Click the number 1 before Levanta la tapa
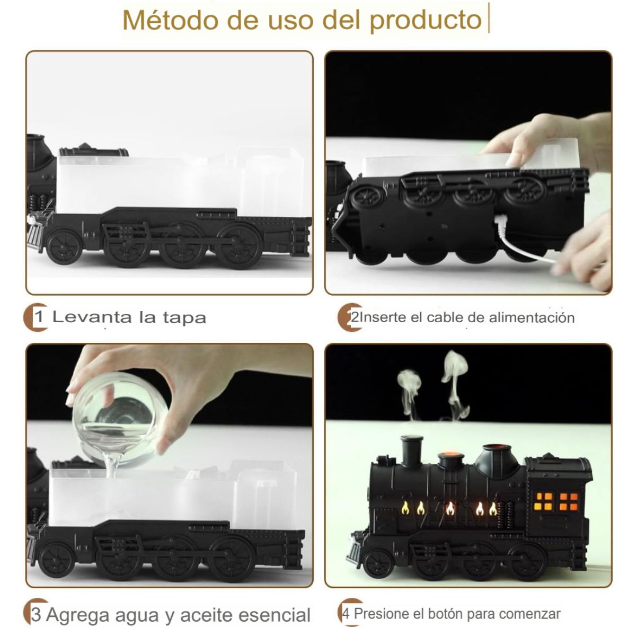coord(39,317)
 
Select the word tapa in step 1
coord(184,318)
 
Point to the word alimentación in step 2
coord(532,317)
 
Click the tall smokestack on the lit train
coord(411,451)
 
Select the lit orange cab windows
coord(556,501)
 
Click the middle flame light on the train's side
coord(449,508)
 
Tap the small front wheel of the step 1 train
coord(64,247)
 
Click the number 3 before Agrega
coord(36,614)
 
